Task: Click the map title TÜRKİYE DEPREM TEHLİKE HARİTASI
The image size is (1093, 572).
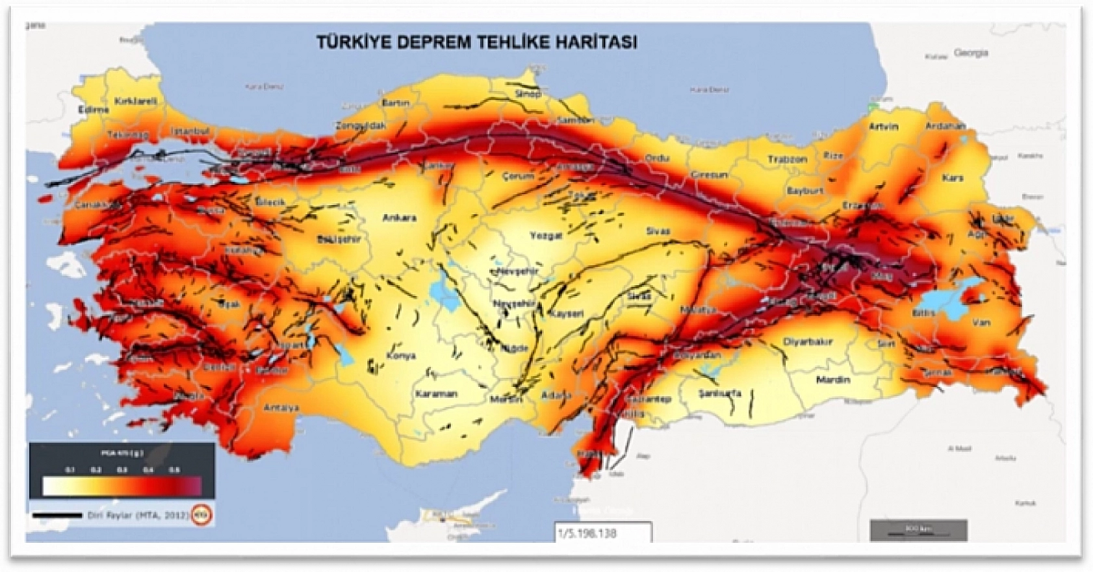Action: pyautogui.click(x=476, y=42)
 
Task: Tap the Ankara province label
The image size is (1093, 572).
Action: pyautogui.click(x=399, y=218)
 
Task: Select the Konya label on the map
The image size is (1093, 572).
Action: pyautogui.click(x=400, y=356)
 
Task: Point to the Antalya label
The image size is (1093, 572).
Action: pyautogui.click(x=281, y=408)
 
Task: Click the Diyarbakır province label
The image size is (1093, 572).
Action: pyautogui.click(x=808, y=342)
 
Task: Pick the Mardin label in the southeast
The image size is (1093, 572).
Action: pyautogui.click(x=832, y=379)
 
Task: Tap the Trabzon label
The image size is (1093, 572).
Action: pyautogui.click(x=787, y=159)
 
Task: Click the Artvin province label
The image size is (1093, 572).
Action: pyautogui.click(x=883, y=127)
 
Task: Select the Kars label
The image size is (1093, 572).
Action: pyautogui.click(x=953, y=178)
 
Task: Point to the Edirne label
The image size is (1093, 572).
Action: pyautogui.click(x=93, y=110)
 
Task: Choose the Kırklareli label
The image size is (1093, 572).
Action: pyautogui.click(x=136, y=101)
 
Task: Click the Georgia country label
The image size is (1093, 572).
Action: pyautogui.click(x=971, y=53)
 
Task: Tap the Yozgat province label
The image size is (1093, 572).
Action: pyautogui.click(x=545, y=236)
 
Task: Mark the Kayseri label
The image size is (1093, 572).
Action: pyautogui.click(x=567, y=314)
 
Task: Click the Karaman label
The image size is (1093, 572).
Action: pyautogui.click(x=436, y=393)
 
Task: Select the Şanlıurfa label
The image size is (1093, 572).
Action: pyautogui.click(x=720, y=393)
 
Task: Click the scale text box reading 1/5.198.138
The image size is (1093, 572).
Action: pyautogui.click(x=602, y=533)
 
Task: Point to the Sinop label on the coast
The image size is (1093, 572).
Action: pyautogui.click(x=527, y=94)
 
